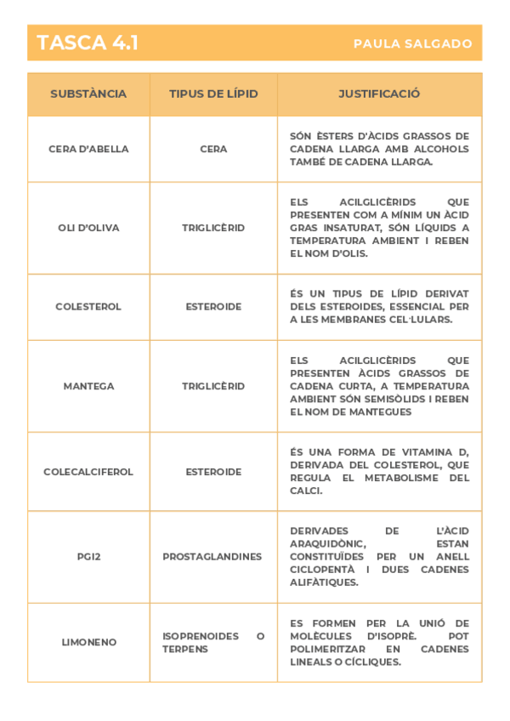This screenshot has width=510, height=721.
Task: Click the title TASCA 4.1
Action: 88,43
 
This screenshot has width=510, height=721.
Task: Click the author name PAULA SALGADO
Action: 412,44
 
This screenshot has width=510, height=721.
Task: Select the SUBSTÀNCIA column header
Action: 88,94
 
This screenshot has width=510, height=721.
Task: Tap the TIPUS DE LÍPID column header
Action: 213,94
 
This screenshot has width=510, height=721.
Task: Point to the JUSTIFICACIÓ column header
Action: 379,94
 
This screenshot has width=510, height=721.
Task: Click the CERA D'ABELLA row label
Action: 88,149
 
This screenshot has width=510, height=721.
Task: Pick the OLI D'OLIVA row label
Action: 88,228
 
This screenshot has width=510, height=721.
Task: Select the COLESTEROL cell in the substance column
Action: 88,307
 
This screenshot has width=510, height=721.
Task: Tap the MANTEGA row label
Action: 88,386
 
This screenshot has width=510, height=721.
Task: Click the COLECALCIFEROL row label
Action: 88,472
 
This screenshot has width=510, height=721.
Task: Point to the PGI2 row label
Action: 88,557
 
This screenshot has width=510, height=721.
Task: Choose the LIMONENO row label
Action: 88,643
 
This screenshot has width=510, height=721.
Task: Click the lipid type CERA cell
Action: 213,149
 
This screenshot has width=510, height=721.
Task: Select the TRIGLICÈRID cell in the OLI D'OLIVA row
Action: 213,228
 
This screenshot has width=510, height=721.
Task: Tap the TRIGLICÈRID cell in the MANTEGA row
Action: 213,386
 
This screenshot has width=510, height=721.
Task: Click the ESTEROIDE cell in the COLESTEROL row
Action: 213,307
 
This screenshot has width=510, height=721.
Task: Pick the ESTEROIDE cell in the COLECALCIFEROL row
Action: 213,472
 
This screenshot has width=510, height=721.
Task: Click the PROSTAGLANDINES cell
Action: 212,557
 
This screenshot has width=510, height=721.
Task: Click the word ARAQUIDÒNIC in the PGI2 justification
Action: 327,544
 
